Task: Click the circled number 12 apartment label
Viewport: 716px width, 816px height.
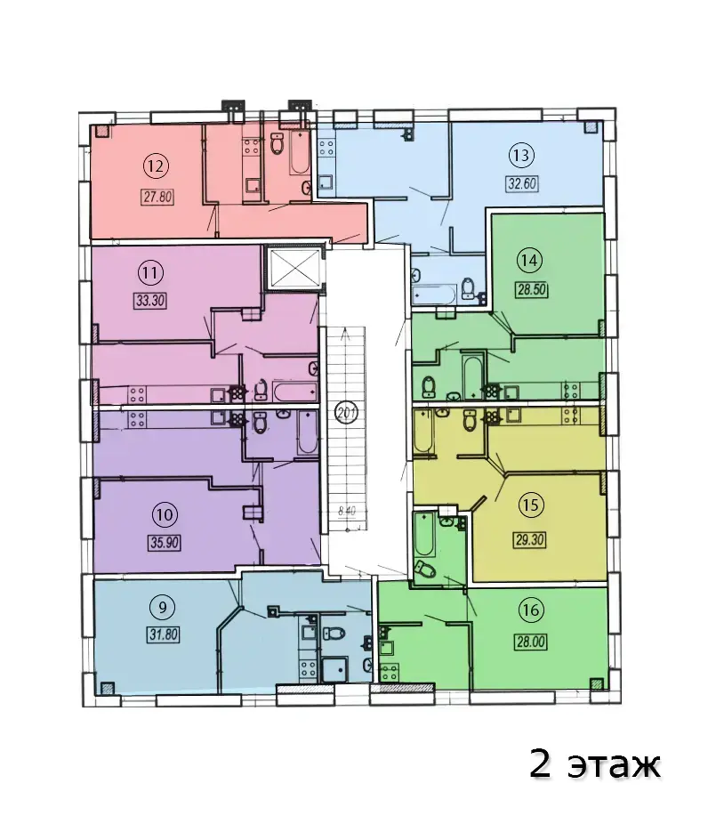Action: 156,166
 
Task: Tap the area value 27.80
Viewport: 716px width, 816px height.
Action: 157,198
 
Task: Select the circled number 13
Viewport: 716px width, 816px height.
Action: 521,155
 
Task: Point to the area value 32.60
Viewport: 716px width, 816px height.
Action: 522,183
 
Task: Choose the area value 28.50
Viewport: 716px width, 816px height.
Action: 531,289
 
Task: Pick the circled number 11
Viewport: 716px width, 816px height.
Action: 149,272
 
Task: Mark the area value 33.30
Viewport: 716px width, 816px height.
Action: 149,301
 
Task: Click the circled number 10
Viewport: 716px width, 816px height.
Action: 164,515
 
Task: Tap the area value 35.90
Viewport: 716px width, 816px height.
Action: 165,544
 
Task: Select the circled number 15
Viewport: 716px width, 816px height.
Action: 530,505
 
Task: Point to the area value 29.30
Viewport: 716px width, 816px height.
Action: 530,539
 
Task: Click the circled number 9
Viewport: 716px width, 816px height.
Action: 163,607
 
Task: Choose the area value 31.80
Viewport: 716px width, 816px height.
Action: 164,634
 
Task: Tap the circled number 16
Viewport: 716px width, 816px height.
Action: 531,610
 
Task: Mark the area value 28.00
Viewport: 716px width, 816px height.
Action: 531,642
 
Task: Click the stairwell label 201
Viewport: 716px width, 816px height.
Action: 346,414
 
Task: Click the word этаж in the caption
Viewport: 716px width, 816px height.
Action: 614,765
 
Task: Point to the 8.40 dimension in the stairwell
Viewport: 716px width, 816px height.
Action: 347,511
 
